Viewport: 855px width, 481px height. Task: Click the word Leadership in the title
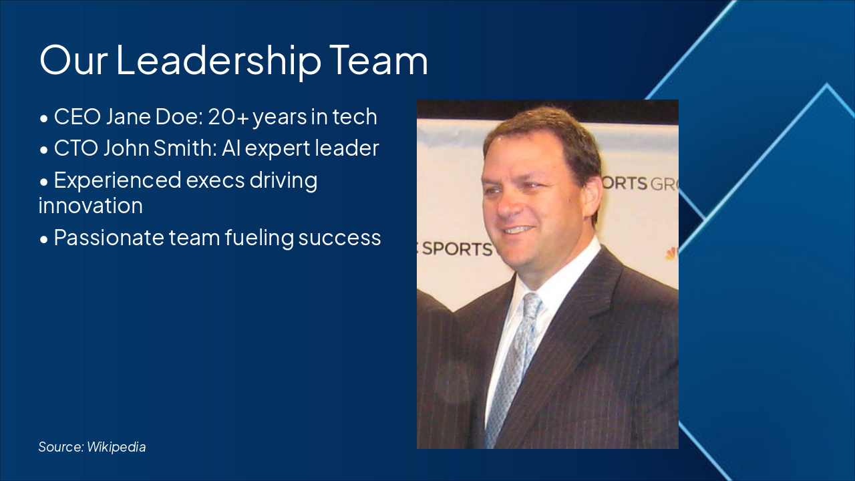pos(218,60)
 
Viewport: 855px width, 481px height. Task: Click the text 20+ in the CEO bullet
pos(228,117)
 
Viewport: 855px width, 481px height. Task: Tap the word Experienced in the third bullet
pos(118,180)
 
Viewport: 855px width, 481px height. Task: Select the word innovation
pos(91,206)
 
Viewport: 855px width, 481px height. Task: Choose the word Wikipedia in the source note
pos(116,447)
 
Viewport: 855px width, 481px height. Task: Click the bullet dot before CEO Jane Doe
pos(43,118)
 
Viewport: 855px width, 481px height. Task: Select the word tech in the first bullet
pos(355,117)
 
